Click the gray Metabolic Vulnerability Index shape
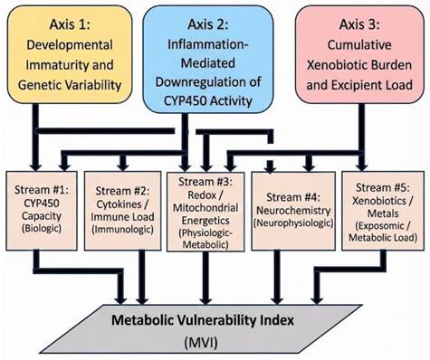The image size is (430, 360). pos(214,329)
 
